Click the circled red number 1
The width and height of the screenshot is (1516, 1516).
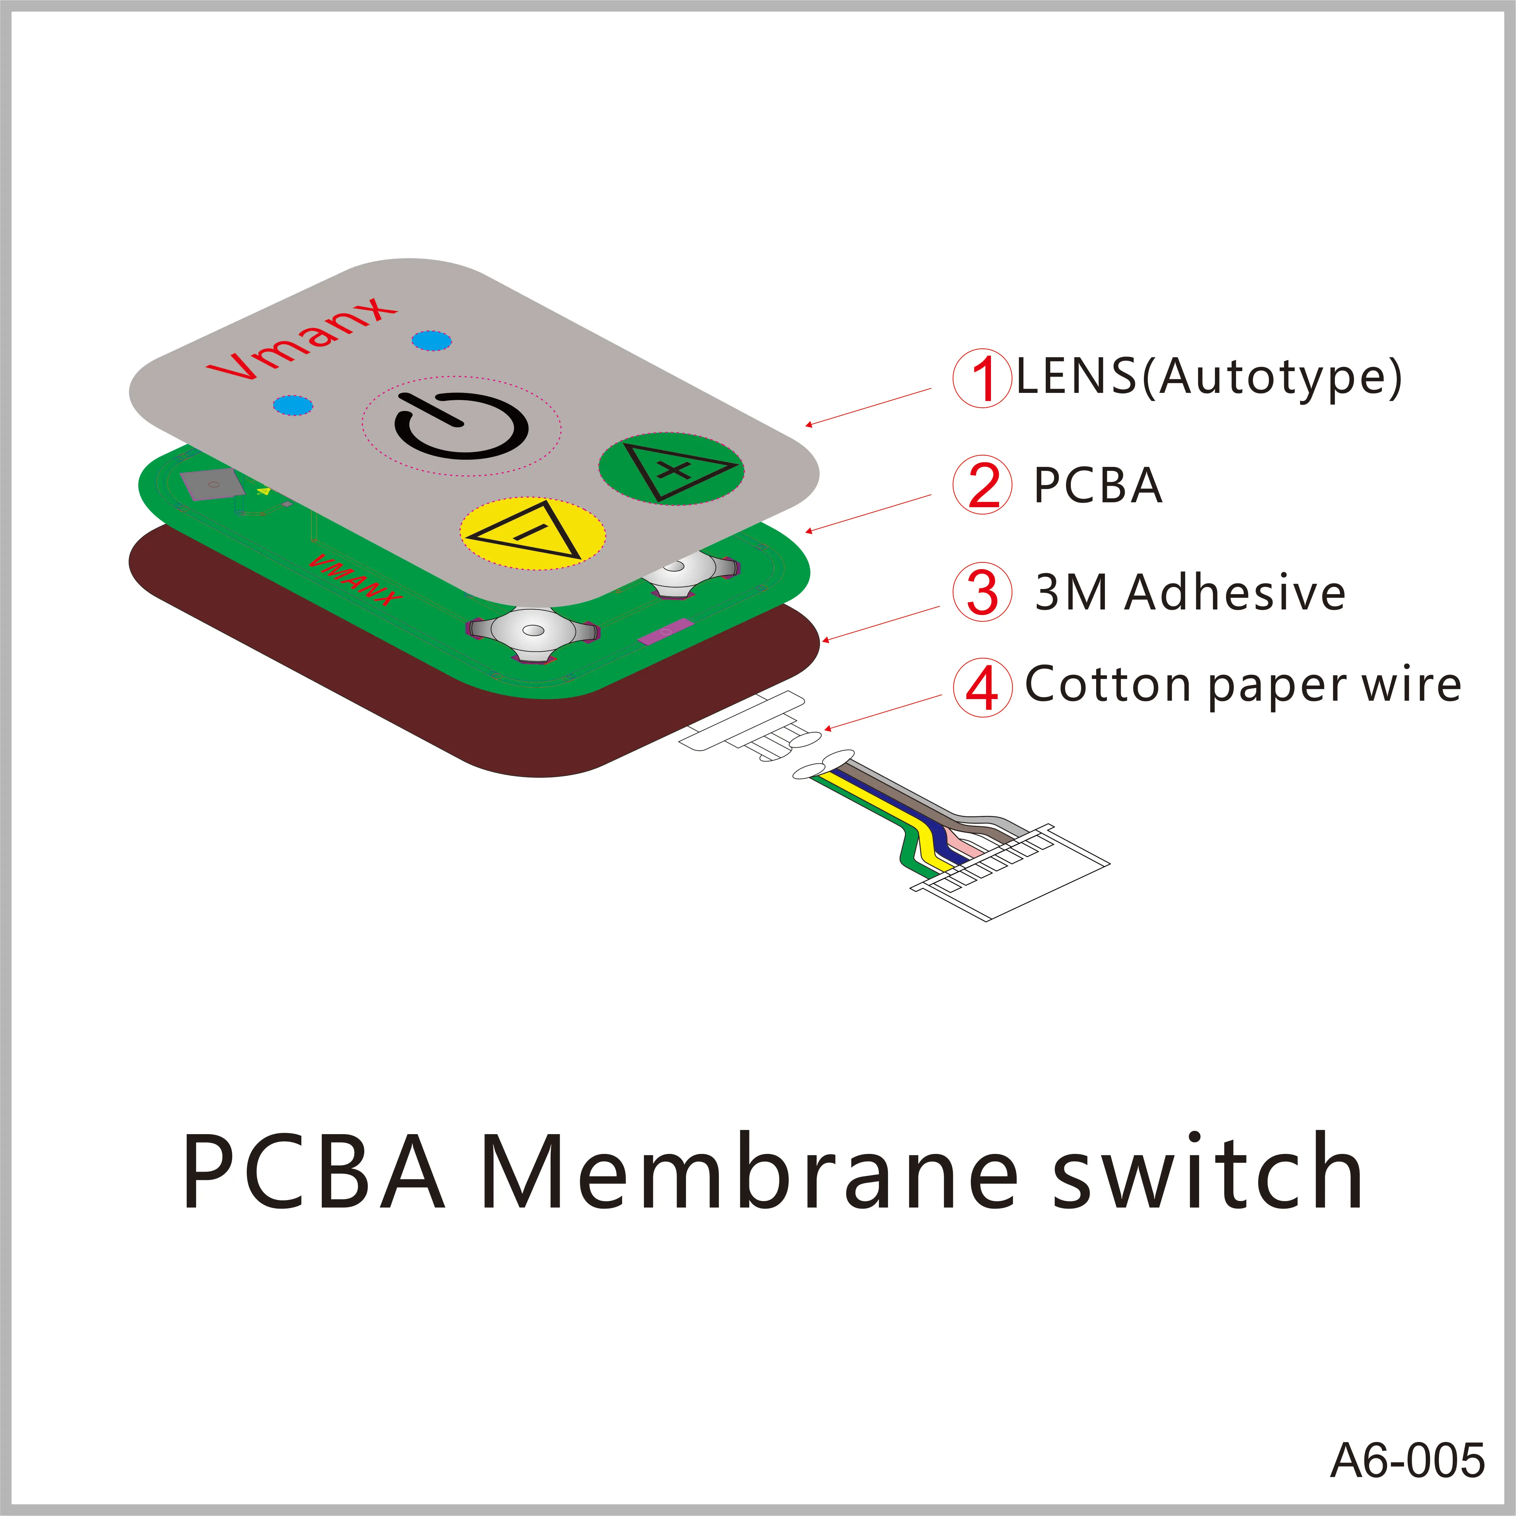pos(981,378)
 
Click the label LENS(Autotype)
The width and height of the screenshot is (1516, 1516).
pos(1209,377)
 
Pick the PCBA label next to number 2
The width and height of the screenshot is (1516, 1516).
pos(1097,485)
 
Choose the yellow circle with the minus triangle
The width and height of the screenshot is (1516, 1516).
pos(532,533)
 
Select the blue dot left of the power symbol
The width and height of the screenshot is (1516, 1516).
pos(293,405)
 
